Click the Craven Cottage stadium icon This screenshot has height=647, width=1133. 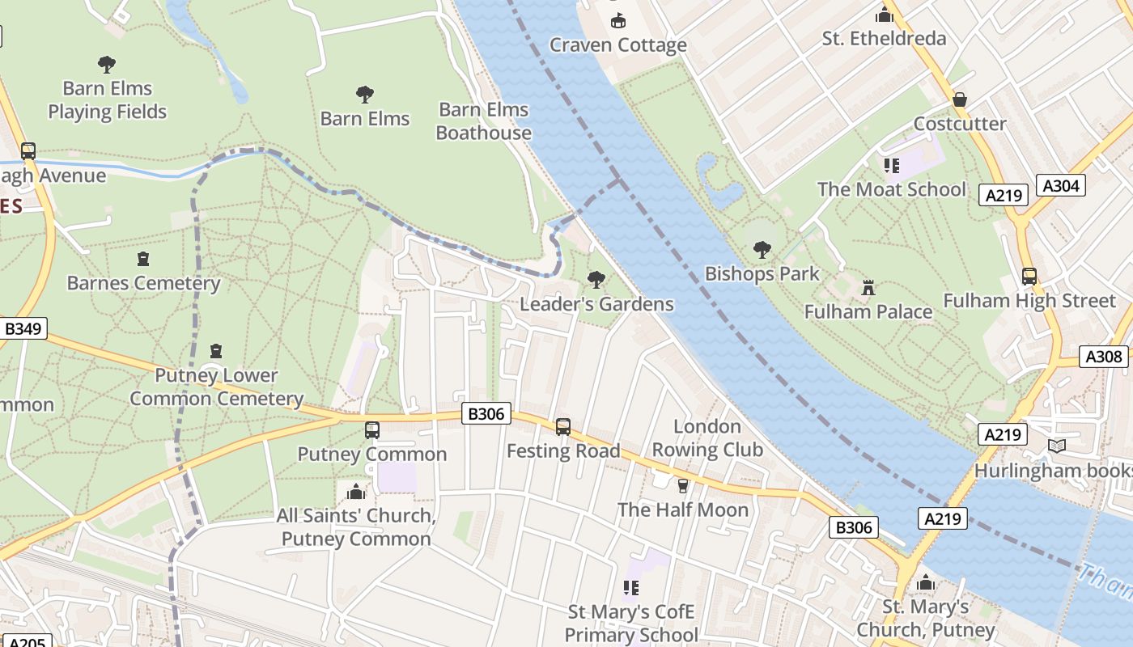tap(618, 20)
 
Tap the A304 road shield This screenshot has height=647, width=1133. tap(1060, 186)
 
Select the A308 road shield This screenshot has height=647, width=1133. tap(1104, 357)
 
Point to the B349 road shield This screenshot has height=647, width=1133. tap(23, 328)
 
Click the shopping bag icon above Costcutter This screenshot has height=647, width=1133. tap(960, 99)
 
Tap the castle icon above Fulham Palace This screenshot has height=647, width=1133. tap(868, 287)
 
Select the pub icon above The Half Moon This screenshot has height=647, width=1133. tap(683, 485)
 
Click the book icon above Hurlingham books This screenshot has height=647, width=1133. tap(1056, 446)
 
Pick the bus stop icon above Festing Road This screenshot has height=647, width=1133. tap(563, 426)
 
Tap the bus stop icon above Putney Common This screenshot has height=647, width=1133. tap(372, 429)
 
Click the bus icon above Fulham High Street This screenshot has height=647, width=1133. tap(1029, 276)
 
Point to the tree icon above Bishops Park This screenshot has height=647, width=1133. tap(762, 249)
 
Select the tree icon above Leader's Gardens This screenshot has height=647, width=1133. tap(596, 280)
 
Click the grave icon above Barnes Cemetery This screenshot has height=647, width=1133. tap(143, 259)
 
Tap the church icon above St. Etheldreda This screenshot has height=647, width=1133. tap(884, 15)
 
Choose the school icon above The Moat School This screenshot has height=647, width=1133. tap(892, 166)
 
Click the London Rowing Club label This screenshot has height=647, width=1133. tap(707, 438)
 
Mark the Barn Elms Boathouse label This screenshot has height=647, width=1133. tap(483, 121)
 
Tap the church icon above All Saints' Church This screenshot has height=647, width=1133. tap(356, 492)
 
